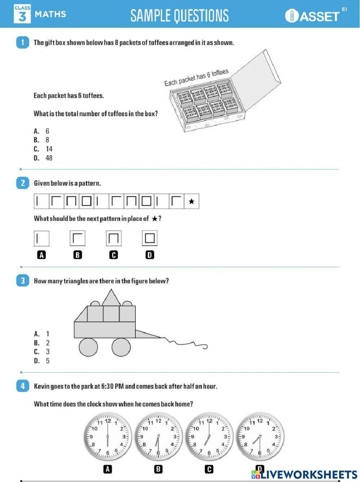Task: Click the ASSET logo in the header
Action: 312,16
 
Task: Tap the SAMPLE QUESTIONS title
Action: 179,16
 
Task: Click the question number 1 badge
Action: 22,42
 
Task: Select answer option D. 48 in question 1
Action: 44,158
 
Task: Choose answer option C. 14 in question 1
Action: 44,149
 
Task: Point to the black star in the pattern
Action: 192,201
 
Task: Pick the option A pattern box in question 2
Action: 41,238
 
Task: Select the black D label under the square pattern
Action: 150,255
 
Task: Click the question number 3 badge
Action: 22,281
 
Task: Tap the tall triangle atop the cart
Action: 111,298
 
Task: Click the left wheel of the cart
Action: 88,347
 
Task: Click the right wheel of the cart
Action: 121,347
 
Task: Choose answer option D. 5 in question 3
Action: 42,361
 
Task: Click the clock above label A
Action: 107,437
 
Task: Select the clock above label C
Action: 209,437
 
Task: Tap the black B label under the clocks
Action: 158,469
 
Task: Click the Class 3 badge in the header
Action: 22,14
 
